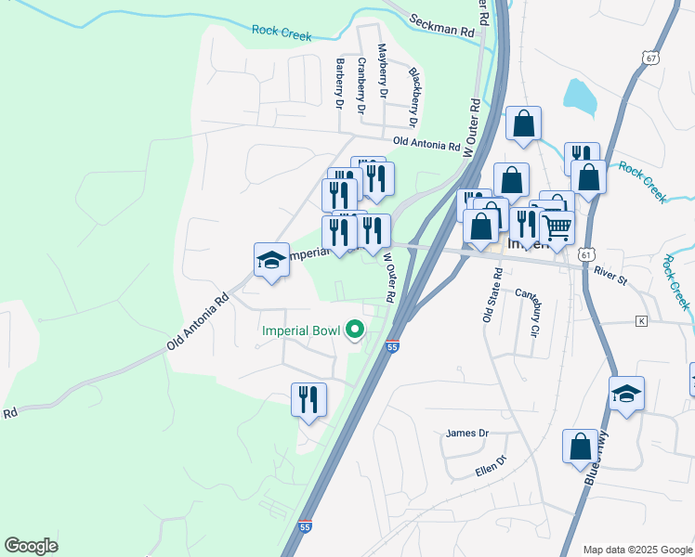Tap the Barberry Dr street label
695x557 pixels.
[340, 84]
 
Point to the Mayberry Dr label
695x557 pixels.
[381, 71]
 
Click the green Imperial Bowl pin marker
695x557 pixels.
[354, 330]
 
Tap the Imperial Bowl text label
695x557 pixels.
[301, 330]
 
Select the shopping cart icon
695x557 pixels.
[557, 226]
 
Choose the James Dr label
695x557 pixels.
[466, 433]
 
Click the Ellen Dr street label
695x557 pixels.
[492, 462]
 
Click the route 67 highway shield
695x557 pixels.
[649, 58]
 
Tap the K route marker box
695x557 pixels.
[640, 321]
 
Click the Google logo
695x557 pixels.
[31, 546]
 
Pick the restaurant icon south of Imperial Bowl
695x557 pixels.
[308, 400]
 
